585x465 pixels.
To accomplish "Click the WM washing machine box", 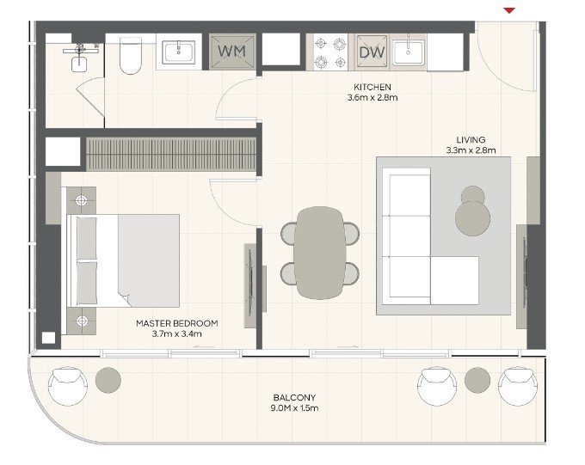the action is [232, 52].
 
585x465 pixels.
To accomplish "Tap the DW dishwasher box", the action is [372, 52].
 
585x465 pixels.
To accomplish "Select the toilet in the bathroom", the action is [131, 56].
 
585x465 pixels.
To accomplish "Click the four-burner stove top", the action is [330, 52].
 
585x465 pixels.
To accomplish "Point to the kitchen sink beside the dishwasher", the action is [408, 52].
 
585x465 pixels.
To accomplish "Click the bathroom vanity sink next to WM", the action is [179, 52].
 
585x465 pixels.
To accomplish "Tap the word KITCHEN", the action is [373, 88].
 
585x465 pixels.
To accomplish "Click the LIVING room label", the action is [471, 140].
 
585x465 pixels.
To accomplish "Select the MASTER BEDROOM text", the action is [177, 323].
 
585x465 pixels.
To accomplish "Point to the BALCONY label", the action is [294, 397].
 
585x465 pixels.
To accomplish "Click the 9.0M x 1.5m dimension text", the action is [294, 408].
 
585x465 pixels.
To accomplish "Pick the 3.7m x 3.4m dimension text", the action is [177, 333].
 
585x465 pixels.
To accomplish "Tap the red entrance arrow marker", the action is [509, 10].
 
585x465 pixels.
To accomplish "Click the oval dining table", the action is [320, 253].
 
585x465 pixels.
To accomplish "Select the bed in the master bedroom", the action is [123, 260].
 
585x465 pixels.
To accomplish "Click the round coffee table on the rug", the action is [472, 218].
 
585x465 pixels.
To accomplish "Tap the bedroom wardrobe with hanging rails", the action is [171, 155].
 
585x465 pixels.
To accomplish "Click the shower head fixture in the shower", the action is [80, 50].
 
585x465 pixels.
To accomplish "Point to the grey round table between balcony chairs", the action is [477, 380].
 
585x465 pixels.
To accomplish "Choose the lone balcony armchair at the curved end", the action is [67, 386].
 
